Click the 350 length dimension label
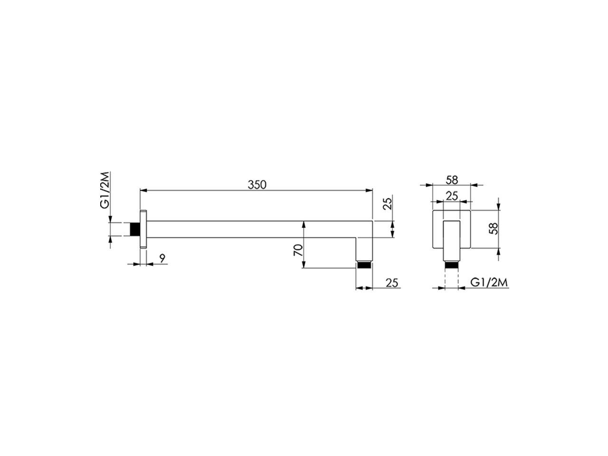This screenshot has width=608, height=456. [x=257, y=185]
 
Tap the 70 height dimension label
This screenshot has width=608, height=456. [x=298, y=250]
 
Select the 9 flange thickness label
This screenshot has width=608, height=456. [x=162, y=258]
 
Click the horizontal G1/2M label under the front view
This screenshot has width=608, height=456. [x=489, y=283]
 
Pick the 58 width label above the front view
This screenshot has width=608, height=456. [x=452, y=180]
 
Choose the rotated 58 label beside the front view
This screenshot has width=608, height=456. [x=493, y=228]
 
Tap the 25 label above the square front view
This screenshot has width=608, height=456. [x=452, y=196]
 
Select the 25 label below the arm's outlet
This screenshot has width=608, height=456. [x=392, y=283]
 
